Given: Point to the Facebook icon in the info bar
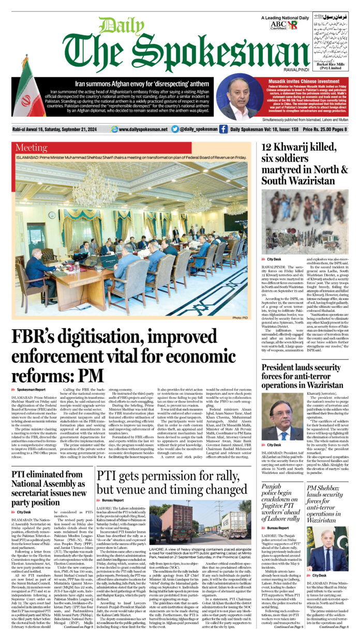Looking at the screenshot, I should click(223, 129).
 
